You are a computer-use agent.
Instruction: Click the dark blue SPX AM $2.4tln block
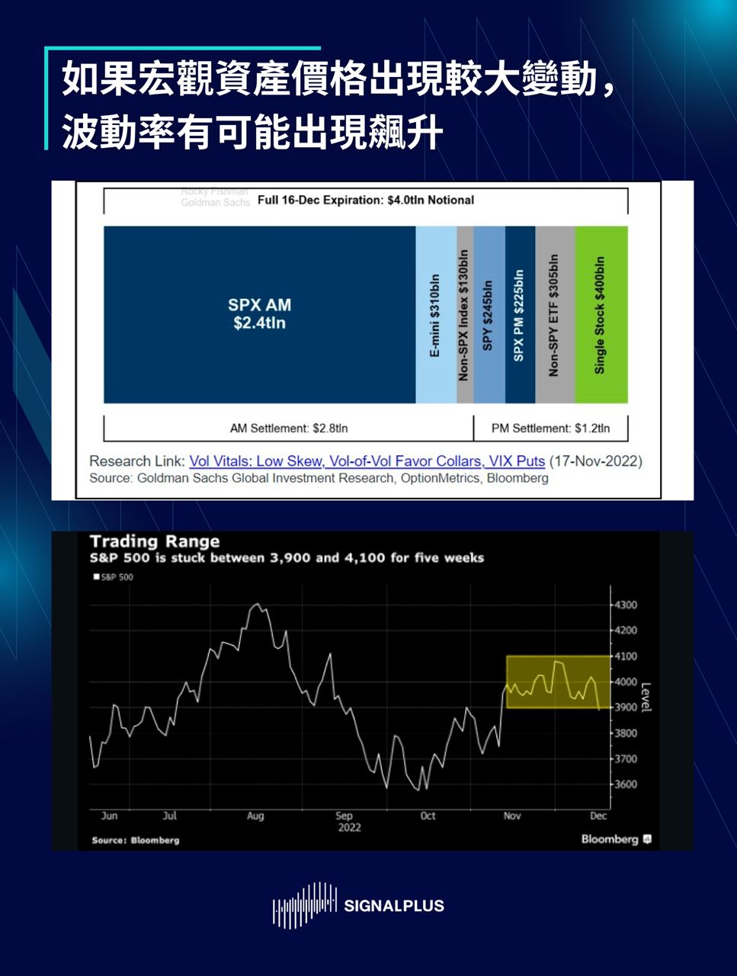pos(259,314)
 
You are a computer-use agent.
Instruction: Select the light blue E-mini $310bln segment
pos(435,314)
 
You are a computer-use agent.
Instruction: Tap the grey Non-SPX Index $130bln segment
pos(464,314)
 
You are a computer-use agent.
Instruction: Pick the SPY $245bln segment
pos(489,314)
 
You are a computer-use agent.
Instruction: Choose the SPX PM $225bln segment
pos(519,314)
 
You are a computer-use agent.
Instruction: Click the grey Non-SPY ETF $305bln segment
pos(554,314)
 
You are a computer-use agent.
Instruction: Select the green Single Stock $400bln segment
pos(601,314)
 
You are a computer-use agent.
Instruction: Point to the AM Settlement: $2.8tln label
pos(289,429)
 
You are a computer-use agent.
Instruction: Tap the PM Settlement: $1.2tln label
pos(550,429)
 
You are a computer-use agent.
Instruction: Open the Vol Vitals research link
pos(367,461)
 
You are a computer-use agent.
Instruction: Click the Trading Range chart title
pos(155,541)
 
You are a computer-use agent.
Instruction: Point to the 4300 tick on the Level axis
pos(625,605)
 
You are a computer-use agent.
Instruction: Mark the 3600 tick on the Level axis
pos(625,785)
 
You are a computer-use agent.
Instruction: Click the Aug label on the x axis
pos(255,816)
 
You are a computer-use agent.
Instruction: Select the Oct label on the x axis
pos(428,816)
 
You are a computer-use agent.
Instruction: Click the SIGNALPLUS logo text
pos(393,906)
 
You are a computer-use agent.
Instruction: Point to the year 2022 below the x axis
pos(349,827)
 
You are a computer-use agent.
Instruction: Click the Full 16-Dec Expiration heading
pos(366,201)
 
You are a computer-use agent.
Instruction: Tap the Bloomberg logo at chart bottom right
pos(616,840)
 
